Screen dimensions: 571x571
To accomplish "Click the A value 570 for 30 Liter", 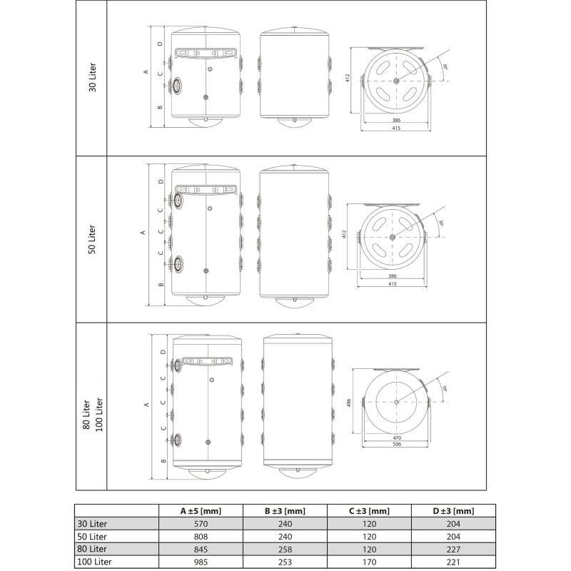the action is tap(201, 524).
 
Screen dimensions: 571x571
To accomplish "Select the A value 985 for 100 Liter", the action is tap(201, 562).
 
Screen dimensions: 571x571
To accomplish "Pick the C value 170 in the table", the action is tap(369, 562).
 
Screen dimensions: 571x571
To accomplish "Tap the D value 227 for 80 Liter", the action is tap(453, 549).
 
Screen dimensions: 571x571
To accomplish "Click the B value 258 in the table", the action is tap(285, 549).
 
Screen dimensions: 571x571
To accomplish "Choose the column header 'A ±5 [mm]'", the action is tap(201, 511).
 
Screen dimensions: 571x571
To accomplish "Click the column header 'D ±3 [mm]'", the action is tap(453, 511).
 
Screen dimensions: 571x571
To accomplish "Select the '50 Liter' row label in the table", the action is tap(92, 537).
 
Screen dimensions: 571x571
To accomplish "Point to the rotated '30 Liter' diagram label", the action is tap(93, 77).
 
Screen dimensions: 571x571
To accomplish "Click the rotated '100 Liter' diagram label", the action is tap(98, 415).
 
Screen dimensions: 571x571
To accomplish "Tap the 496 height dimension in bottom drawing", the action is tap(348, 403).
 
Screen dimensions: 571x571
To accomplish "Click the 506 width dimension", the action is tap(397, 444).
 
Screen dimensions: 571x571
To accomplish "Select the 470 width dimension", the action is tap(397, 438).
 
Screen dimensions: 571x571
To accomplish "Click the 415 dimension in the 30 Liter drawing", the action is tap(396, 128).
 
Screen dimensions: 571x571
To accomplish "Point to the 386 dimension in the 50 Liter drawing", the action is tap(392, 276).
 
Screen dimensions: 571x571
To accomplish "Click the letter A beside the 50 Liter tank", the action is tap(143, 233).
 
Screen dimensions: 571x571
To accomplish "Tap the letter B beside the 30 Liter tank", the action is tap(160, 108).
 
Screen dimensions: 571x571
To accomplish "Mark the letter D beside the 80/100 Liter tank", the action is tap(163, 352).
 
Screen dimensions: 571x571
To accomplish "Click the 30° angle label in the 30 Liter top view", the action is tap(445, 67).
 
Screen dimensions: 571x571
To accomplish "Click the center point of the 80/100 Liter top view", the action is tap(396, 402).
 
